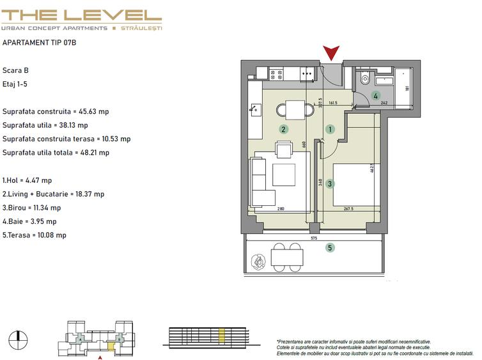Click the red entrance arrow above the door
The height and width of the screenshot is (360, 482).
click(x=331, y=53)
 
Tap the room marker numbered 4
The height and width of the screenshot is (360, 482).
click(x=377, y=96)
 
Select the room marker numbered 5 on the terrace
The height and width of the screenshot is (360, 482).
click(x=330, y=248)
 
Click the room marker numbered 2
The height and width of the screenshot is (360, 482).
click(x=283, y=129)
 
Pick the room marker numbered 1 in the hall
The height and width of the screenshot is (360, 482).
click(x=330, y=129)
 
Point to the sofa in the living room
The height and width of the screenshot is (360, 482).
click(x=260, y=182)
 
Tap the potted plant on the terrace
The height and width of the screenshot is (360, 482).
click(x=260, y=261)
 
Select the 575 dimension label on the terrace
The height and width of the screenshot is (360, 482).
click(x=313, y=238)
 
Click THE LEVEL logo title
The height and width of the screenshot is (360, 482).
click(x=81, y=15)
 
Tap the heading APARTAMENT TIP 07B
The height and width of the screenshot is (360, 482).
click(x=40, y=43)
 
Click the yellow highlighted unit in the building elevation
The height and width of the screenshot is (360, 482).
click(x=222, y=335)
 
